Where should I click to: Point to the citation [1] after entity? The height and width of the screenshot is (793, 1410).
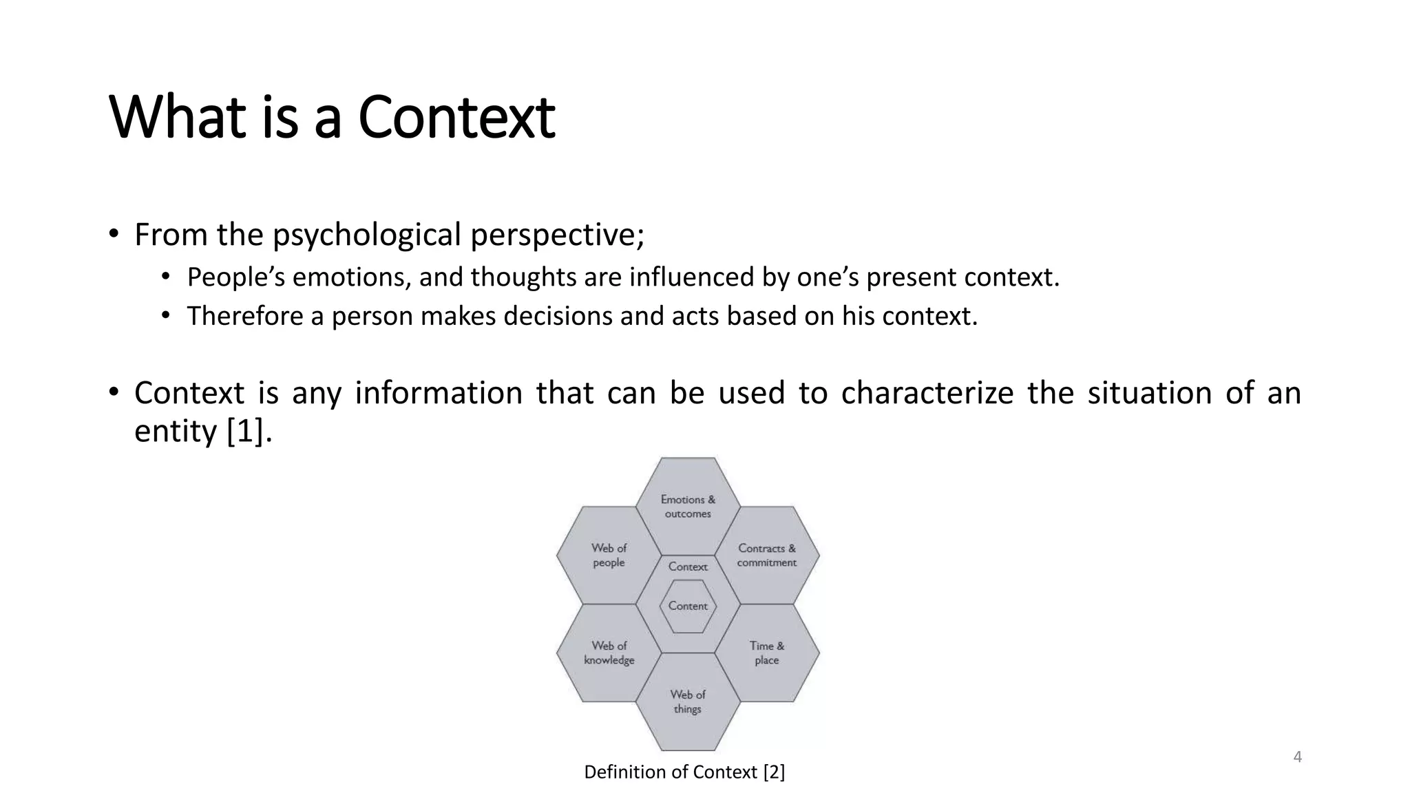245,432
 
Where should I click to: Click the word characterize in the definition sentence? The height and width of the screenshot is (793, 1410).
927,393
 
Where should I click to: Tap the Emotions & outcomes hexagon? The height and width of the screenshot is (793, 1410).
688,507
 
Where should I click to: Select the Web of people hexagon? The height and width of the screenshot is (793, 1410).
609,555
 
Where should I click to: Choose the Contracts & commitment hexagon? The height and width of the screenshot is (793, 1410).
766,555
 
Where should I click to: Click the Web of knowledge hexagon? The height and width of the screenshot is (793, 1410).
609,653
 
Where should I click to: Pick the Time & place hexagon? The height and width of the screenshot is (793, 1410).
766,653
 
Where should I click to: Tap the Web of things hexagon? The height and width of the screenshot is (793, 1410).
688,701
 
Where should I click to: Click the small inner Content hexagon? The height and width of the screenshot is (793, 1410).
688,606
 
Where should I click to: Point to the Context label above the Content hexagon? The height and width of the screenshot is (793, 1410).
688,567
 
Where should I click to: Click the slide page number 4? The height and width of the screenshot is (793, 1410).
1297,757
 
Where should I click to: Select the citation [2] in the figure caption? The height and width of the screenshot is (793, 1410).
774,772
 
